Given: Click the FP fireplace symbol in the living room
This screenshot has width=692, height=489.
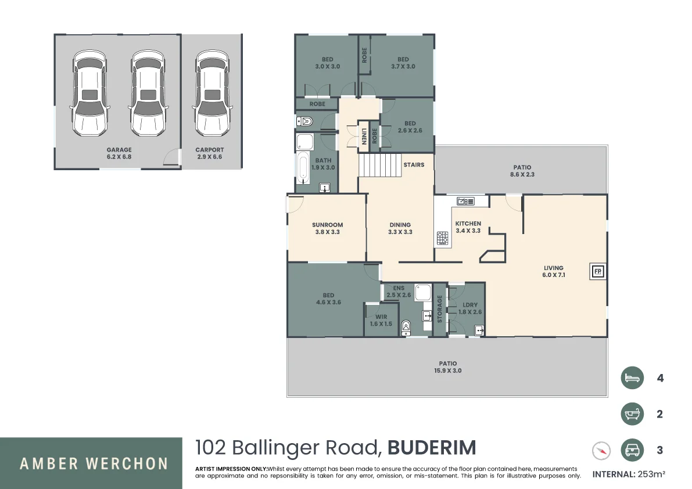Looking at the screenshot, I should pyautogui.click(x=597, y=271).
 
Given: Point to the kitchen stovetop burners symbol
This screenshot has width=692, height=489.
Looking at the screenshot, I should pyautogui.click(x=443, y=238).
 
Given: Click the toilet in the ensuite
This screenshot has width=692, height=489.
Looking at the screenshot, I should pyautogui.click(x=406, y=328).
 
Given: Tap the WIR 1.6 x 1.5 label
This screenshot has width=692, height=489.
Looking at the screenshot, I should pyautogui.click(x=381, y=321).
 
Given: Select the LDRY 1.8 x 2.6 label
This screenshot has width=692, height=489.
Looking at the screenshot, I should pyautogui.click(x=470, y=308).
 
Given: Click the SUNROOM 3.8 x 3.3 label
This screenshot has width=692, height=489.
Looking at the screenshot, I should pyautogui.click(x=327, y=228).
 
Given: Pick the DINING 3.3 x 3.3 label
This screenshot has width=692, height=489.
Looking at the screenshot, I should pyautogui.click(x=400, y=228).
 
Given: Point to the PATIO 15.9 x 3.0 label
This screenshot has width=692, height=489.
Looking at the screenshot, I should pyautogui.click(x=448, y=367).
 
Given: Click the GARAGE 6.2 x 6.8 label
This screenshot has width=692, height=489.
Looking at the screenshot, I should pyautogui.click(x=119, y=153).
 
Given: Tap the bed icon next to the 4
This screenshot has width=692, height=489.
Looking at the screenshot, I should pyautogui.click(x=632, y=378).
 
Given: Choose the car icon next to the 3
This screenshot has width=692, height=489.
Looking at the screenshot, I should pyautogui.click(x=632, y=450).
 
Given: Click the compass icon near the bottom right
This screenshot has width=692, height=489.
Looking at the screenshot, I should pyautogui.click(x=601, y=451).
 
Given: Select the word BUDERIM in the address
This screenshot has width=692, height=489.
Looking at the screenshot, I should pyautogui.click(x=432, y=448).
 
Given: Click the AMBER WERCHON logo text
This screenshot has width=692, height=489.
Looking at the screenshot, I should pyautogui.click(x=94, y=464).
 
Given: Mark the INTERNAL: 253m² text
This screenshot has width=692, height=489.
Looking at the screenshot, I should pyautogui.click(x=629, y=474).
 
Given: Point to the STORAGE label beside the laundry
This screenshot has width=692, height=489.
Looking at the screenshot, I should pyautogui.click(x=440, y=309).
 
